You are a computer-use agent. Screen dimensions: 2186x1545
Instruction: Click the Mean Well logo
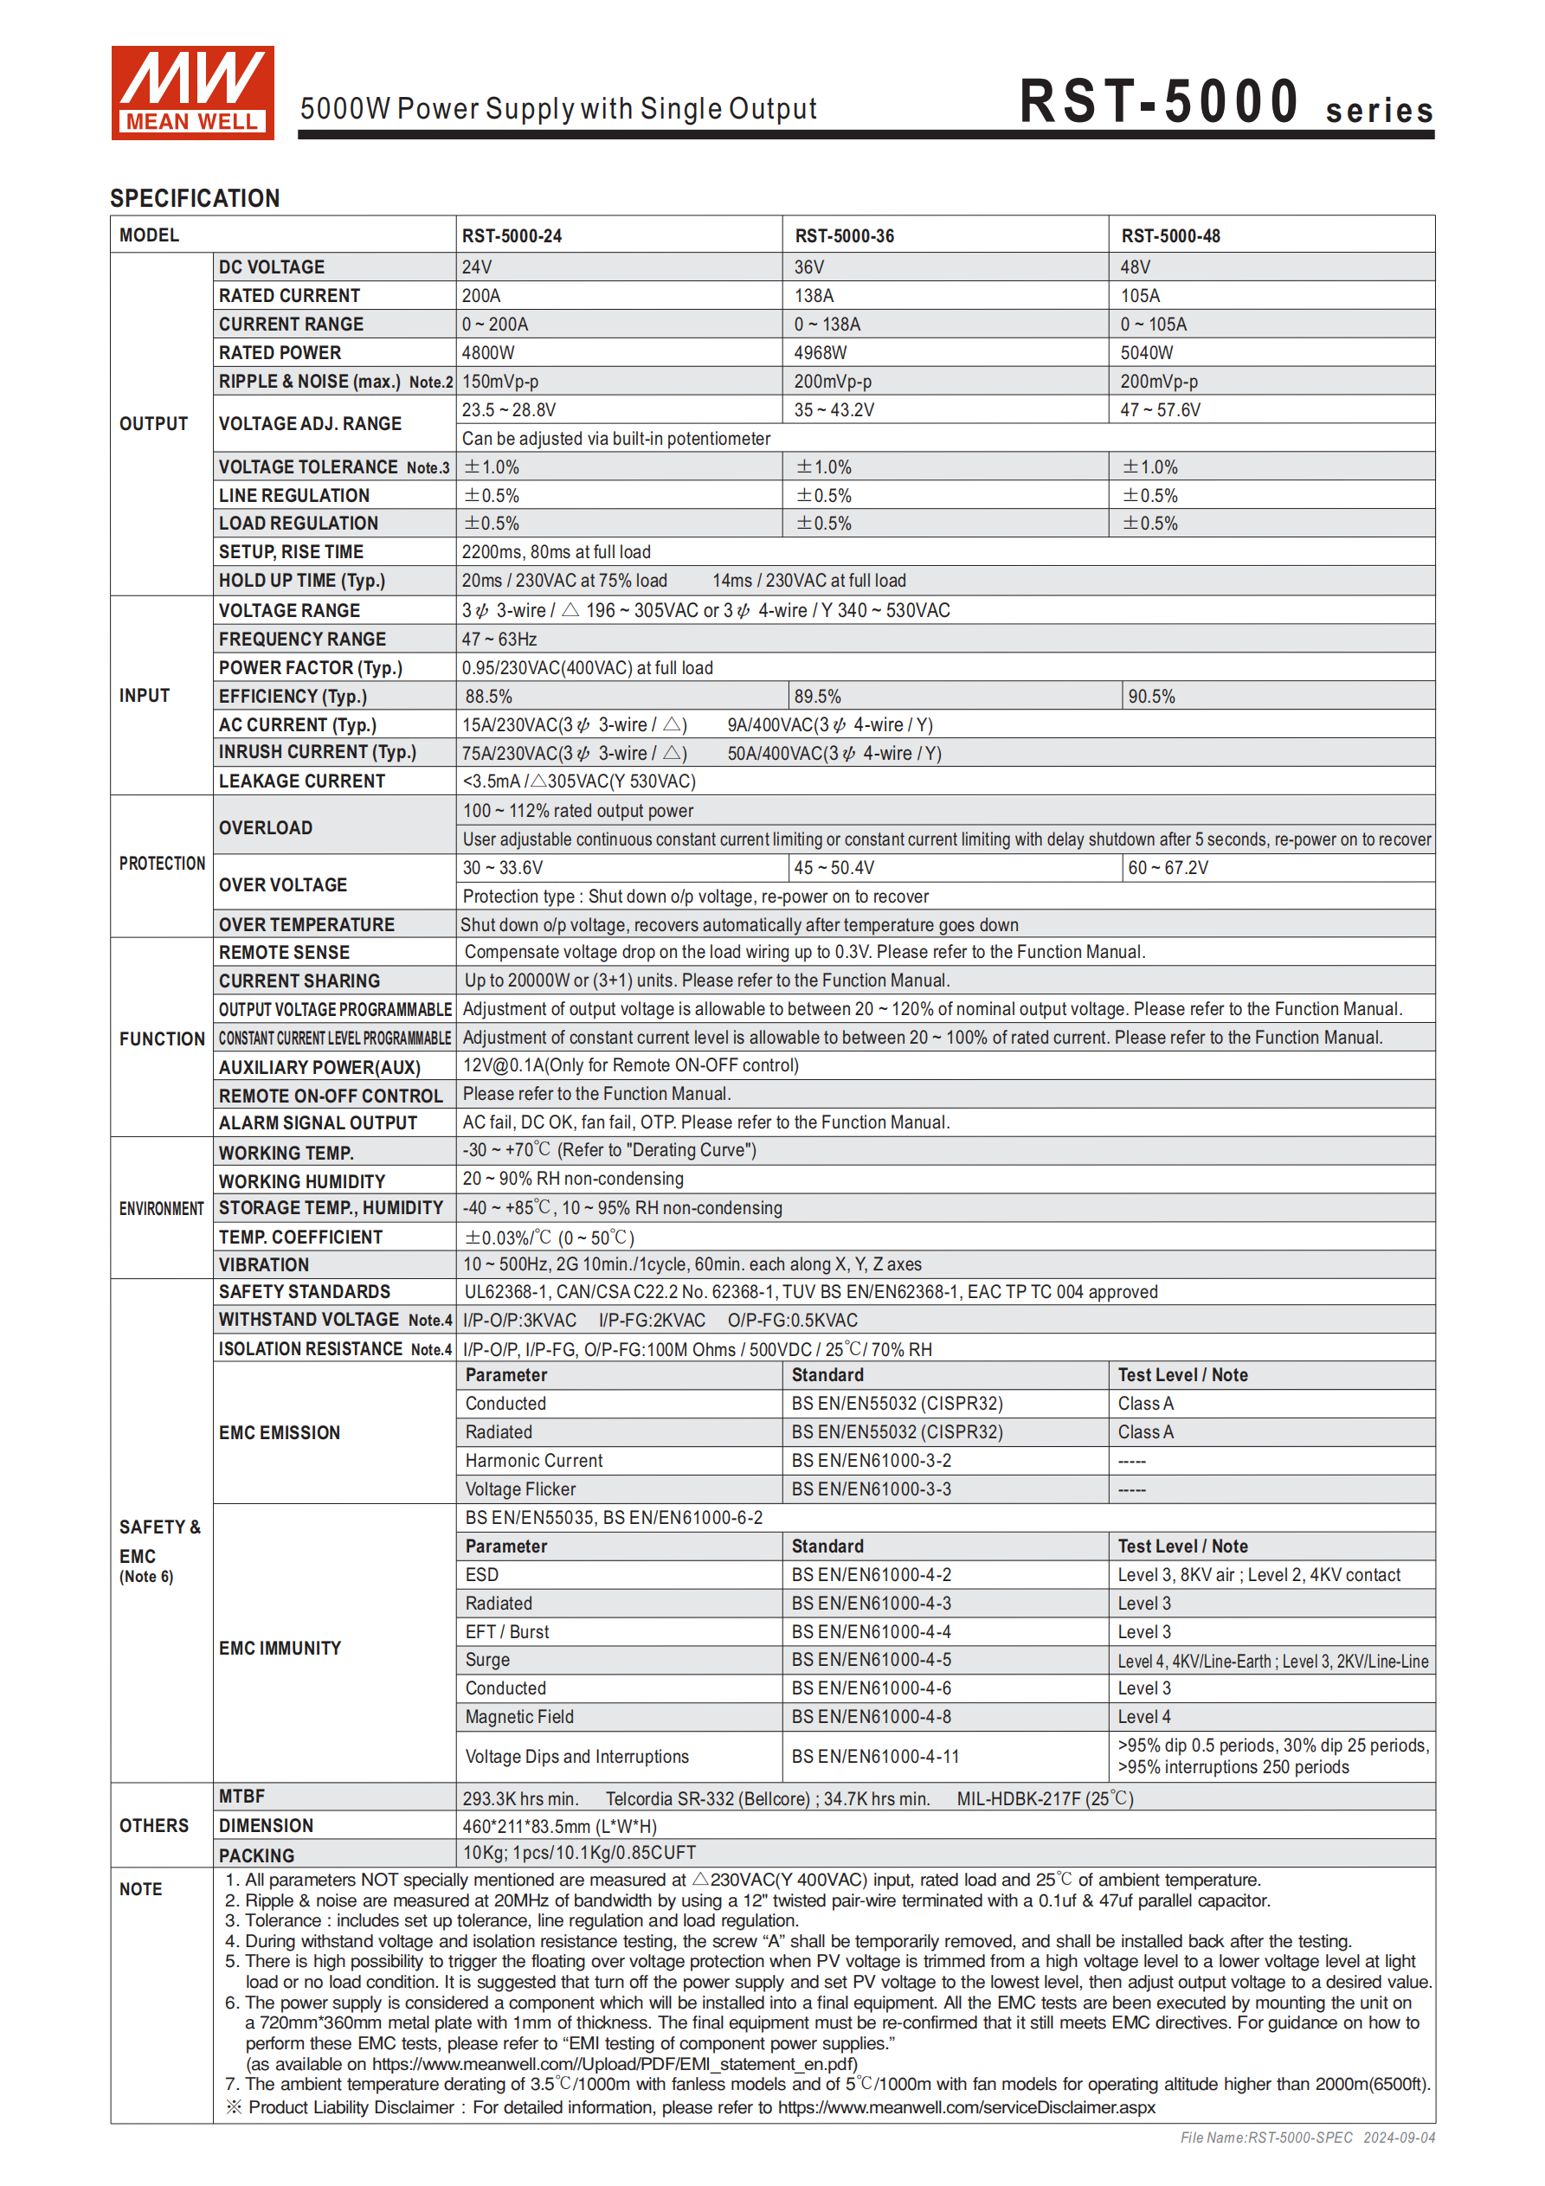point(192,93)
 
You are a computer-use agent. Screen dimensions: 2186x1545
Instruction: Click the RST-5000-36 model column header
point(844,236)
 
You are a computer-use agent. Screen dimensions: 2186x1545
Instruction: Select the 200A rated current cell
point(482,296)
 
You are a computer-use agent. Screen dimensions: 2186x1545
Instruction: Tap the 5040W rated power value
point(1146,353)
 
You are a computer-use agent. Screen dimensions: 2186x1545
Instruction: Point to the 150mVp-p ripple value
point(500,382)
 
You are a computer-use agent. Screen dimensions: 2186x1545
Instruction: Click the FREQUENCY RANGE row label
point(302,640)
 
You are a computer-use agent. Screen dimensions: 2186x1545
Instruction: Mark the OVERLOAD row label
point(266,828)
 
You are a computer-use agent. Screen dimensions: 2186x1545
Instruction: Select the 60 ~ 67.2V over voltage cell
point(1168,868)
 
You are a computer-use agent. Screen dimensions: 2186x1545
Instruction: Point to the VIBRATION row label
point(264,1265)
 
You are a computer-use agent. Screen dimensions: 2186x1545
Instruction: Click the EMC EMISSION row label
point(279,1433)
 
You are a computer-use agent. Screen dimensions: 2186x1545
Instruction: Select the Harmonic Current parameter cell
point(533,1462)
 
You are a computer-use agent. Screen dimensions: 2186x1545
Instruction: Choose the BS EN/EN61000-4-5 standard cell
point(871,1661)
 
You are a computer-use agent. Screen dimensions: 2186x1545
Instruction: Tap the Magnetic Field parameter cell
point(519,1718)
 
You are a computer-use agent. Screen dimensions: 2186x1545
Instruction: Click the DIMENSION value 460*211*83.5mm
point(559,1827)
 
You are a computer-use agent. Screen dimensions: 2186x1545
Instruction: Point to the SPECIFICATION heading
point(195,198)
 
